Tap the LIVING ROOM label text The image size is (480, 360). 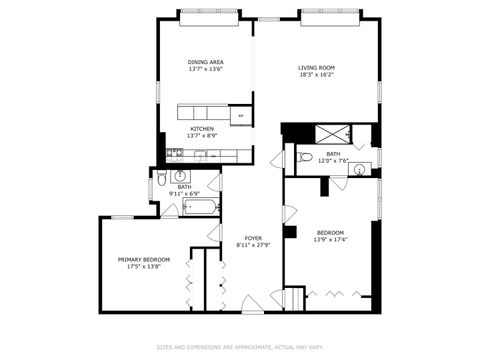coord(316,68)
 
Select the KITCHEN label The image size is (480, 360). coord(203,129)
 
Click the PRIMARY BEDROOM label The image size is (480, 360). coord(144,260)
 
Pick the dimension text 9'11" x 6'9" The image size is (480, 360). coord(184,193)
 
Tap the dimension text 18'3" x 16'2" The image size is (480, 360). coord(316,75)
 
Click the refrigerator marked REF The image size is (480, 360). coord(240,117)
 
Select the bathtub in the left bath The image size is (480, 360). coord(199,209)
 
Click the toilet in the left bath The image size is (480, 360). coord(162,182)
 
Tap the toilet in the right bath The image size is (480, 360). coord(303,157)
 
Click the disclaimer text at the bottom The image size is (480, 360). coord(240,348)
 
